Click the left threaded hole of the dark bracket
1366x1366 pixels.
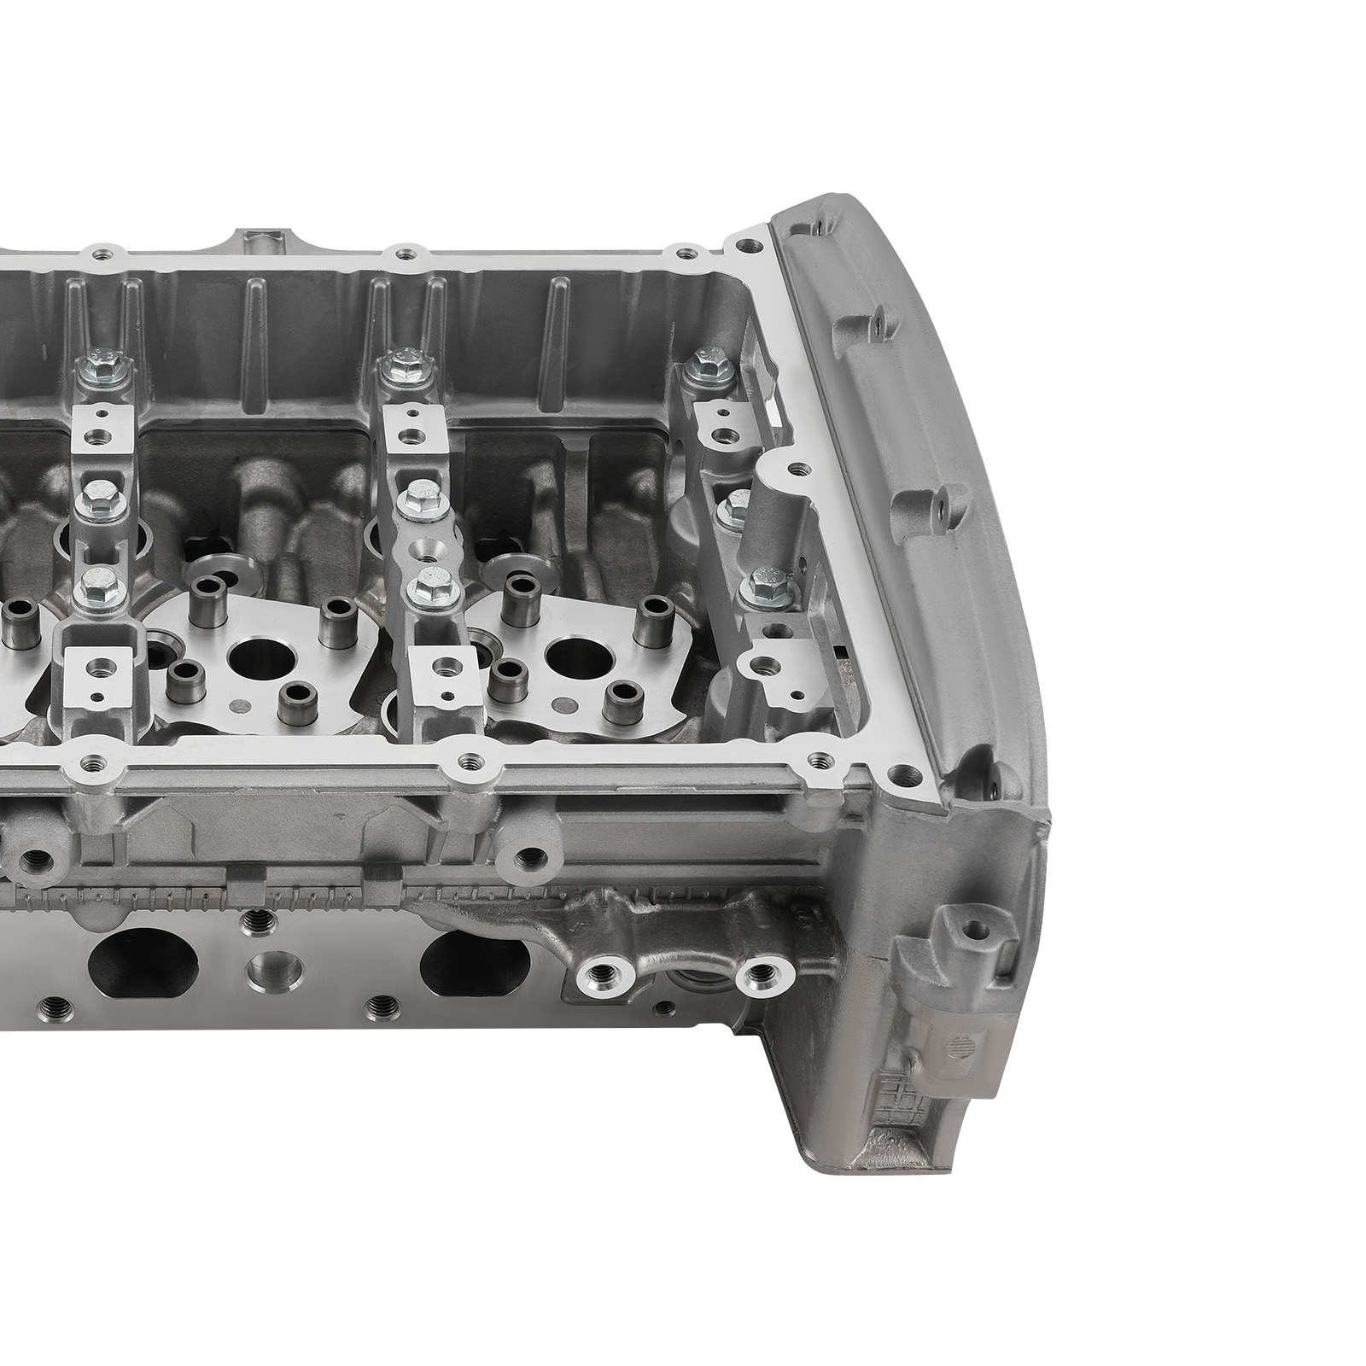[x=601, y=972]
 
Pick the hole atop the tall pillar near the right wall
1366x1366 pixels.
[x=797, y=469]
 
